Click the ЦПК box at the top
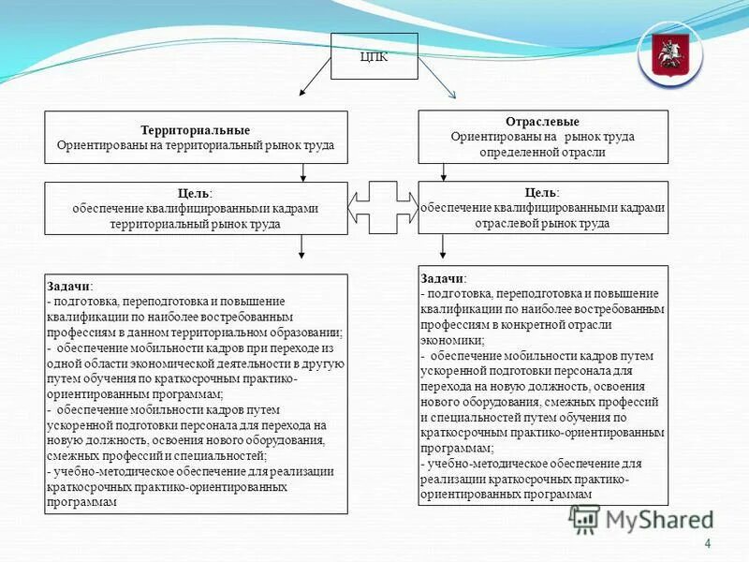(x=374, y=56)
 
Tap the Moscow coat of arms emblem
(x=669, y=54)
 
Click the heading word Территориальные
(x=196, y=131)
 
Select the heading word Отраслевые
(x=542, y=123)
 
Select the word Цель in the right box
(x=541, y=192)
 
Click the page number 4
(x=707, y=544)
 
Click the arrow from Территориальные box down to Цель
(x=303, y=171)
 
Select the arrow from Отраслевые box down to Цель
(x=444, y=171)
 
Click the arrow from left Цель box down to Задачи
(x=301, y=245)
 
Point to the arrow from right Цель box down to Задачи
(x=443, y=245)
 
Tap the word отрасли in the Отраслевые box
(x=585, y=152)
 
